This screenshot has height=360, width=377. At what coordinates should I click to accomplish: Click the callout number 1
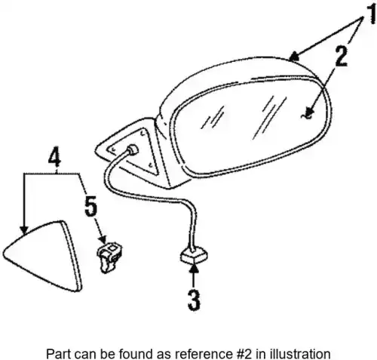370,14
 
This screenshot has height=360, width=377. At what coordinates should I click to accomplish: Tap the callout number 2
341,57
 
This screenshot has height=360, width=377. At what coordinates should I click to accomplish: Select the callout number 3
194,300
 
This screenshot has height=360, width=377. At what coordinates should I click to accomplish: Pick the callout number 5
90,206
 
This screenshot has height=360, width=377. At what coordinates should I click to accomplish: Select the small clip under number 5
109,257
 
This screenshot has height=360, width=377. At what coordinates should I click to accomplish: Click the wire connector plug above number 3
194,254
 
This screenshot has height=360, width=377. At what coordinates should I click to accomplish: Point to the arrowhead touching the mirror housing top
294,57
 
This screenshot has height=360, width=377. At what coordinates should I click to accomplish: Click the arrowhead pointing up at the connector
194,268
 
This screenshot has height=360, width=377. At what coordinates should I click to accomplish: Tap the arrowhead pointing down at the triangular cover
24,229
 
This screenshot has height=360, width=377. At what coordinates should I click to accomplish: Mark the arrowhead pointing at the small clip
103,239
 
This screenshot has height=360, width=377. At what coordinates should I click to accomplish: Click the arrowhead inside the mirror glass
310,114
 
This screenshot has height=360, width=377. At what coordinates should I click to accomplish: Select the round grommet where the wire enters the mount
133,150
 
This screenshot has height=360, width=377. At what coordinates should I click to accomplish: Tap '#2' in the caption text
244,354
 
